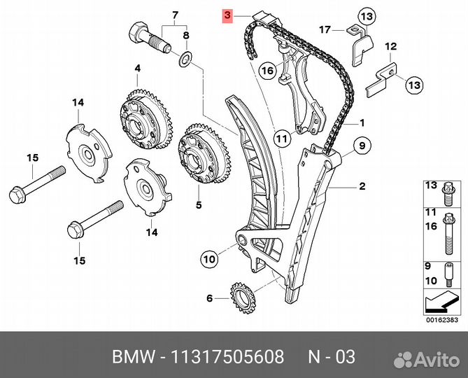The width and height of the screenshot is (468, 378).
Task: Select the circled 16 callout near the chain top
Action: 266,71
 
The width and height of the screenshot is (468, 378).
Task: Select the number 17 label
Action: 325,29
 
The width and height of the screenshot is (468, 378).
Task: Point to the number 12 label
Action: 390,46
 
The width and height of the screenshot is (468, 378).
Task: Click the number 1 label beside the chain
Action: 362,122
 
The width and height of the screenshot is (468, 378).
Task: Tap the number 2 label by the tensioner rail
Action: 362,186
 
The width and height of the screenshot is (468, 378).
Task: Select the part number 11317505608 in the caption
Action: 227,358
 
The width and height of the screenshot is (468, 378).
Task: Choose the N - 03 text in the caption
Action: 332,358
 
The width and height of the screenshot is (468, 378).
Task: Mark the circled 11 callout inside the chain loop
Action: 281,139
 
